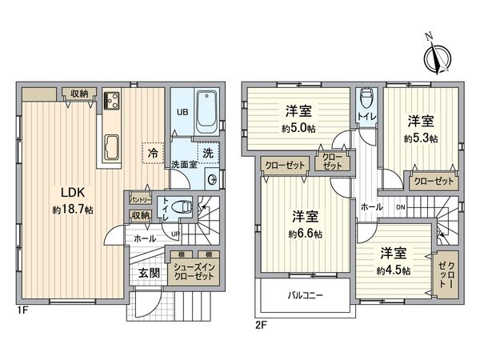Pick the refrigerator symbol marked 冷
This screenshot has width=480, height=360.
pos(151,150)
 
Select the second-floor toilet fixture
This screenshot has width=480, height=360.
pos(366,99)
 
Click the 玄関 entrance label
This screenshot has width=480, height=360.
pos(148,273)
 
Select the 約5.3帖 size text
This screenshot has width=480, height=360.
pos(421,138)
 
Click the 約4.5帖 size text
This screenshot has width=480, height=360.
pos(395,270)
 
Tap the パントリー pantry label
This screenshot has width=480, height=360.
pos(139,198)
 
